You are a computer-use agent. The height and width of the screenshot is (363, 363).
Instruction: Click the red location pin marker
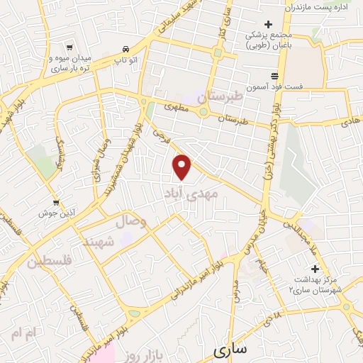184,167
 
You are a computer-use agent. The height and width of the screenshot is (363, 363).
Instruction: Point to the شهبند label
99,242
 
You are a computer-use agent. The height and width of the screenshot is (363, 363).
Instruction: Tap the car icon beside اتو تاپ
125,49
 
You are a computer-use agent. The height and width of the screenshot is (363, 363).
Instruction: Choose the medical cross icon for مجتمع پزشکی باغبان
268,24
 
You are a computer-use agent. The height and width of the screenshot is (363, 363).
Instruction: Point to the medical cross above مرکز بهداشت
315,269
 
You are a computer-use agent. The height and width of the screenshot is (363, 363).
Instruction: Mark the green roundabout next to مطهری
203,111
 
